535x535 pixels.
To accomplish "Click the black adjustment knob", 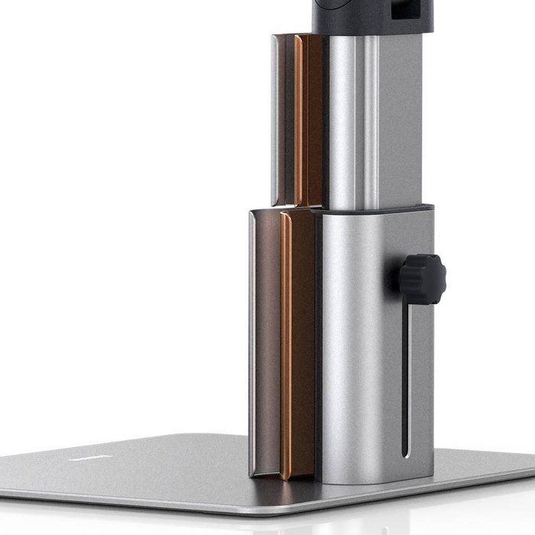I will [x=422, y=279].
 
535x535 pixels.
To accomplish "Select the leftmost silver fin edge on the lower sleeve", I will [x=251, y=344].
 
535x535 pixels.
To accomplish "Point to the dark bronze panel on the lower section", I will [x=267, y=344].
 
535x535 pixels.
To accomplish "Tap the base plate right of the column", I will [x=481, y=466].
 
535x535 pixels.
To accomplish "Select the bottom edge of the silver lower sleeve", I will [x=374, y=481].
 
